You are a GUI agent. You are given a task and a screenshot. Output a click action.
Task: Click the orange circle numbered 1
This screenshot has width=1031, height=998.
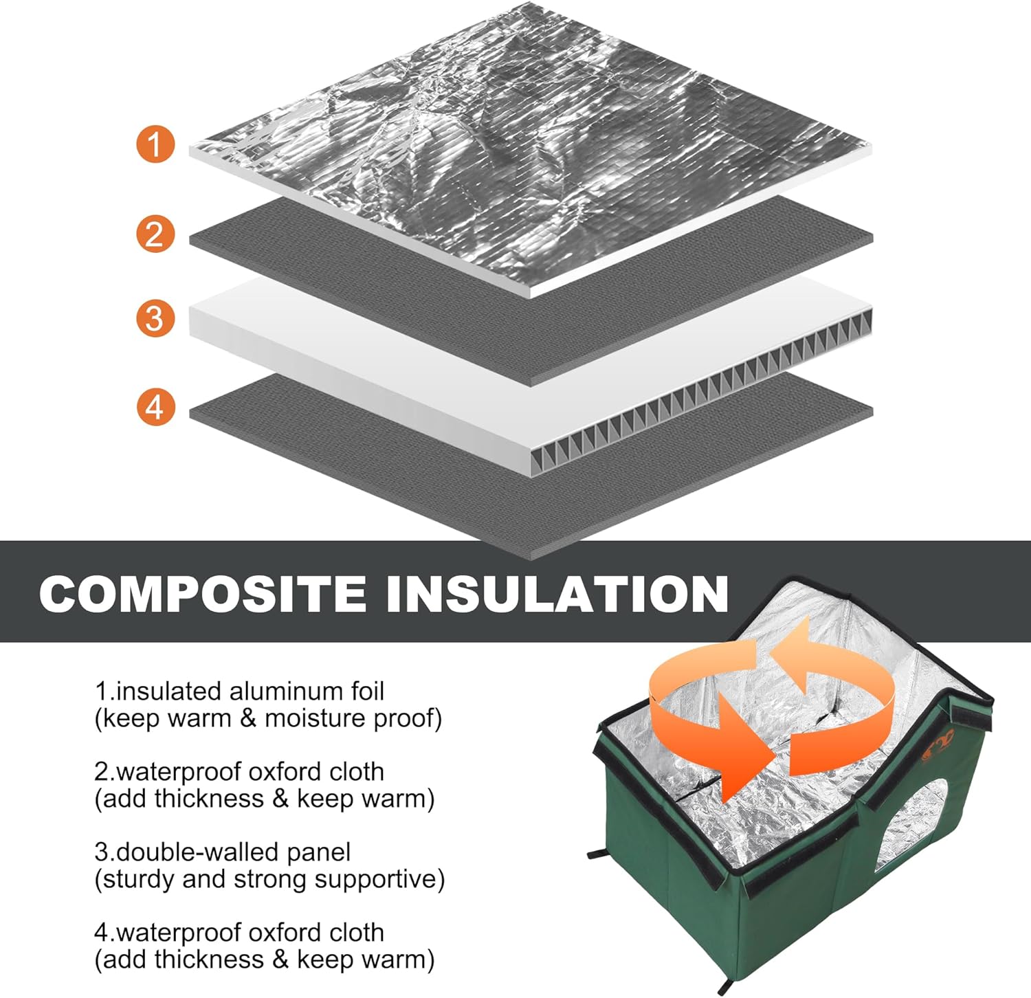point(155,144)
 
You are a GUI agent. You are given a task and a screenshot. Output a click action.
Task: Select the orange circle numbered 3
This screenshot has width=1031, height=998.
point(155,319)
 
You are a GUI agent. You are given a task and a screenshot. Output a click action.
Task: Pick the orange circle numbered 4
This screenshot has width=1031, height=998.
point(155,406)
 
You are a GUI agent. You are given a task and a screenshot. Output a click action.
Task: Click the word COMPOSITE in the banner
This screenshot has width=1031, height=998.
point(203,593)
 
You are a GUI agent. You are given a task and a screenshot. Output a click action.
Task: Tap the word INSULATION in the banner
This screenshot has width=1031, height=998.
point(557,593)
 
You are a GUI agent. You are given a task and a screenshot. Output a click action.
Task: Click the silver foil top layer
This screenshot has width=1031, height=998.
point(529,137)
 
